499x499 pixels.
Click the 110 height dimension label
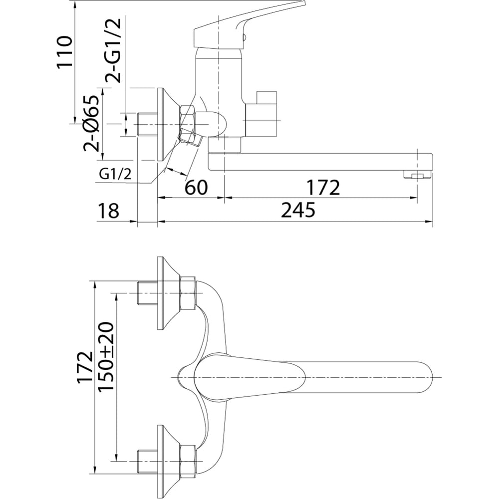coord(64,52)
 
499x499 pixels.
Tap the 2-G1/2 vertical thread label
coord(113,50)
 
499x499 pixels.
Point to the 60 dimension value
coord(196,187)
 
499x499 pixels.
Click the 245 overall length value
coord(298,210)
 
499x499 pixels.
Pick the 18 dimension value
coord(108,211)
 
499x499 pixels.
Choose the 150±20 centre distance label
coord(106,356)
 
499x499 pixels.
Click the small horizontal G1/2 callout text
coord(115,174)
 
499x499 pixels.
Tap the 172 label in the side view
coord(323,187)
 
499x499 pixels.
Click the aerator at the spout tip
coord(417,175)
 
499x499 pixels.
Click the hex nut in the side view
coord(188,120)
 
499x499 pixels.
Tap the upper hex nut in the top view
coord(188,293)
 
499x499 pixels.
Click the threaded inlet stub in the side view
coord(147,124)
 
